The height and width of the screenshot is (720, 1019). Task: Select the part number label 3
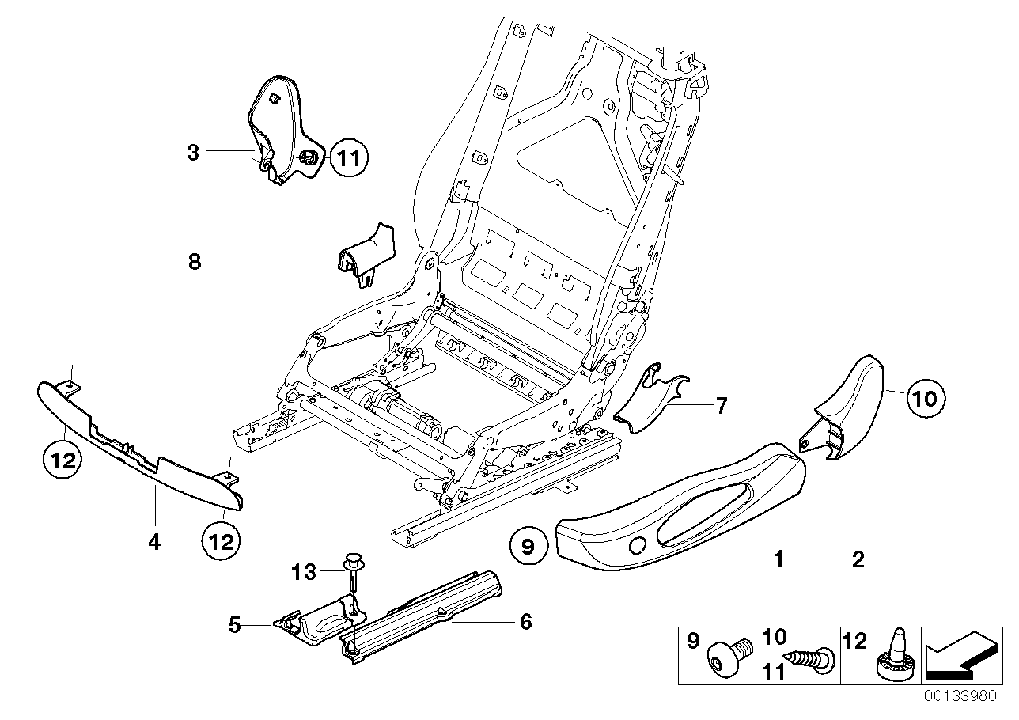point(193,152)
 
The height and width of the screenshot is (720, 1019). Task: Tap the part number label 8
point(195,261)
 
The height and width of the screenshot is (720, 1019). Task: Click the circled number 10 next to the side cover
point(923,398)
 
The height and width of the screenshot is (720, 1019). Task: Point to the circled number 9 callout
point(528,545)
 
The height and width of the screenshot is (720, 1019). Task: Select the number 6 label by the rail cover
point(525,622)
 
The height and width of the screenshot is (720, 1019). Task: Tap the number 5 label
point(234,625)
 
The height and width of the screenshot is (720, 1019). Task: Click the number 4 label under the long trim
point(154,542)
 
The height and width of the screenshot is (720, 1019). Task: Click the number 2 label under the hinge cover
point(858,560)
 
